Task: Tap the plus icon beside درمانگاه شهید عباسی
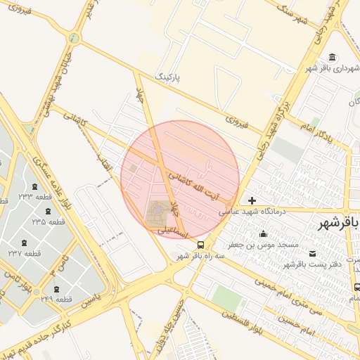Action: (252, 201)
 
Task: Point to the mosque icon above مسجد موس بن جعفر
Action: (263, 234)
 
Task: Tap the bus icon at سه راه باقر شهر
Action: (201, 245)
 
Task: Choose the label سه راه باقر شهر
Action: (204, 256)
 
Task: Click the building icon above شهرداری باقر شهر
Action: (332, 57)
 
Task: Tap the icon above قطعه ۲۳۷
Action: (25, 243)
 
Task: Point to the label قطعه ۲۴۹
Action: (56, 300)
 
